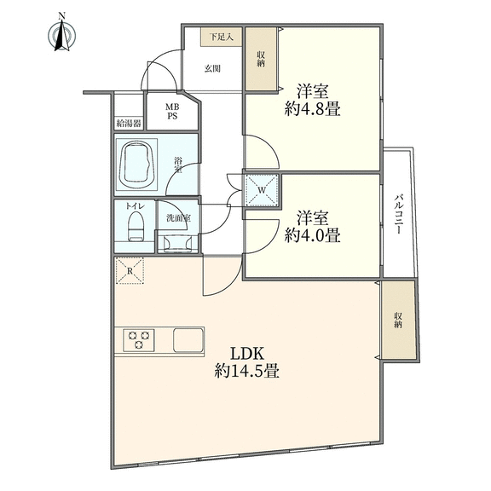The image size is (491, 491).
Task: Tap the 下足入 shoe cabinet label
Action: (x=221, y=38)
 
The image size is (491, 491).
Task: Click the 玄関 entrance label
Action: (x=212, y=68)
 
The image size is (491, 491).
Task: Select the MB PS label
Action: (x=172, y=112)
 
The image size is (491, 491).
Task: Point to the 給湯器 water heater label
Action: (x=129, y=124)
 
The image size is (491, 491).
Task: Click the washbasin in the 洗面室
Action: (x=177, y=243)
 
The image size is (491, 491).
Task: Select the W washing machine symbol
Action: (x=262, y=189)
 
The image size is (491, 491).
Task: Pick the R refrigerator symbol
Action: (x=130, y=270)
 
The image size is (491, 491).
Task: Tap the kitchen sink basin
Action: (x=188, y=340)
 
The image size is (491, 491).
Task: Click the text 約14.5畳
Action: (x=247, y=372)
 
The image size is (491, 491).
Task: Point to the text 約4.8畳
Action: (x=312, y=110)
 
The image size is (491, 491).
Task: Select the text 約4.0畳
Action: (x=312, y=235)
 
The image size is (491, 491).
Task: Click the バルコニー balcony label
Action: (x=398, y=214)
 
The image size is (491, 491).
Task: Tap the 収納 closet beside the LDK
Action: (x=398, y=320)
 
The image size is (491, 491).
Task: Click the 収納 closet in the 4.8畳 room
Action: (x=261, y=59)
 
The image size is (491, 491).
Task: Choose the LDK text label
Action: (x=247, y=354)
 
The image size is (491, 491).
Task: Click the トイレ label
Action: (x=135, y=205)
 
